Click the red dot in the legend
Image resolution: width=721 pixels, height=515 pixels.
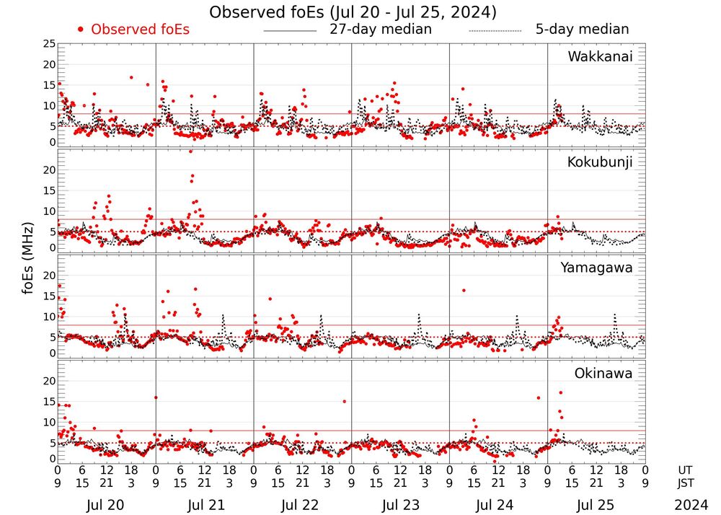(81, 30)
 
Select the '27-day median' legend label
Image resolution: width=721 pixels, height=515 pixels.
(381, 30)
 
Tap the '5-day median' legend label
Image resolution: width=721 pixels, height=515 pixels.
(582, 30)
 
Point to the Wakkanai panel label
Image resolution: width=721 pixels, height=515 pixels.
(600, 57)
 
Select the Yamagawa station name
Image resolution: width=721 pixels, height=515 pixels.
(597, 268)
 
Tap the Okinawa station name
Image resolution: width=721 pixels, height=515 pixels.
(603, 374)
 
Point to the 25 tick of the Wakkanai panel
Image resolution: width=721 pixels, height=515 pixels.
(49, 45)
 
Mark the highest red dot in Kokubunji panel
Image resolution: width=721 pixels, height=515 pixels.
(191, 151)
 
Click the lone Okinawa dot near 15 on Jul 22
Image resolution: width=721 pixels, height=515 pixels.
(345, 401)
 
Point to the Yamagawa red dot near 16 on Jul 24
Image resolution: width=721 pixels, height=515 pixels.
(464, 291)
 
